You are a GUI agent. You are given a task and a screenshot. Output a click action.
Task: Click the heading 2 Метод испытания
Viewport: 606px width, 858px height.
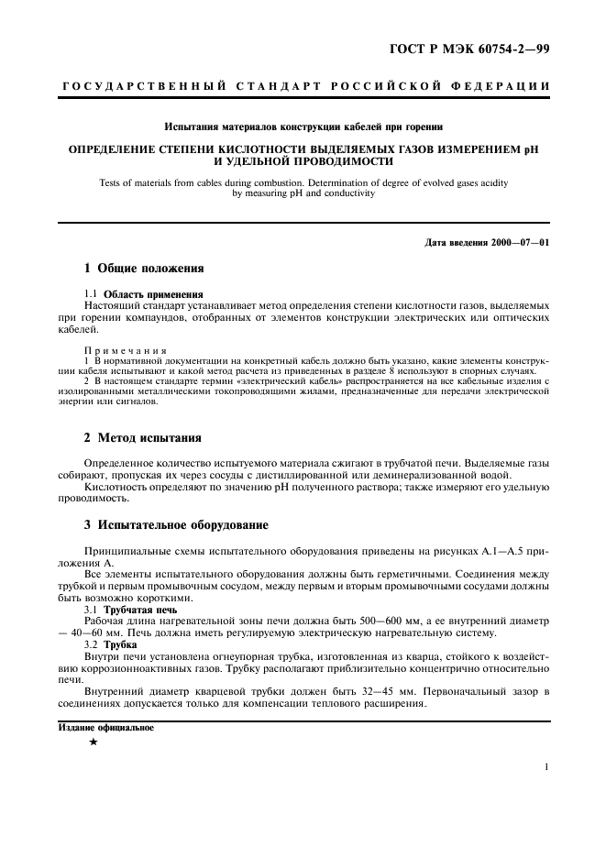pyautogui.click(x=142, y=438)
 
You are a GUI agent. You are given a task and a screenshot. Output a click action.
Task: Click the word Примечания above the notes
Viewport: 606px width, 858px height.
pyautogui.click(x=125, y=350)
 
